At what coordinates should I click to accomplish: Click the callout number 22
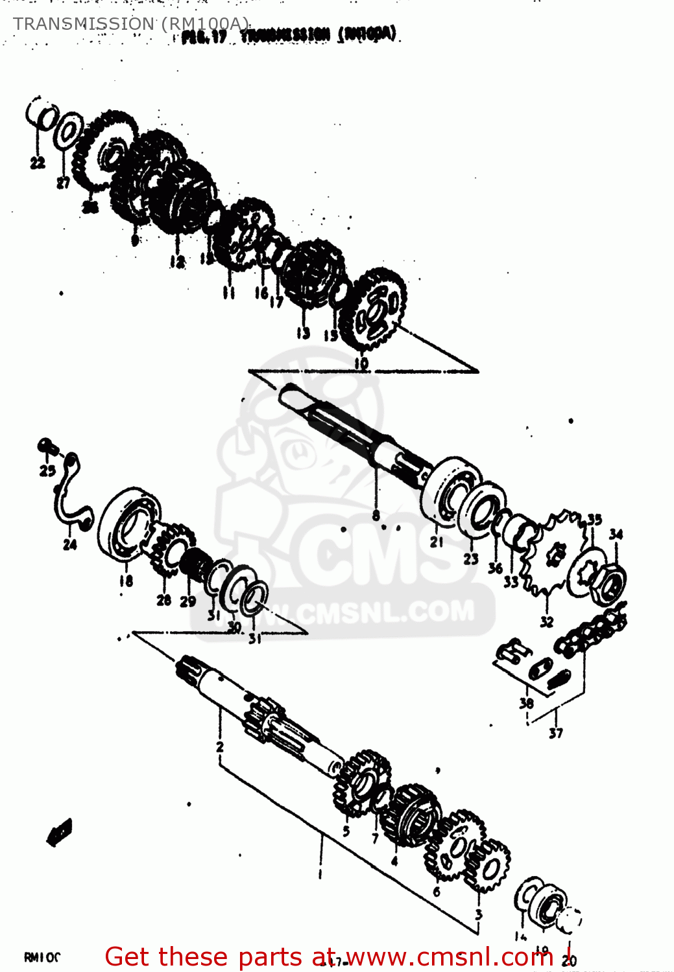coord(37,162)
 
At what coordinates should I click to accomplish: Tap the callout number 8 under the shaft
coord(376,516)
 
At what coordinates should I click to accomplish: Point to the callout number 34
coord(616,534)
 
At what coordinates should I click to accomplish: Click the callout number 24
coord(70,544)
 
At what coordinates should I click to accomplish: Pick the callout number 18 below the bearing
coord(126,581)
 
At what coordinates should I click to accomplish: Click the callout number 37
coord(556,733)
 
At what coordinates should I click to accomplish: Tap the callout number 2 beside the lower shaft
coord(220,746)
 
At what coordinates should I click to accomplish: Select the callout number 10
coord(361,364)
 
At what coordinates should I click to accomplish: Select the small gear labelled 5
coord(360,781)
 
